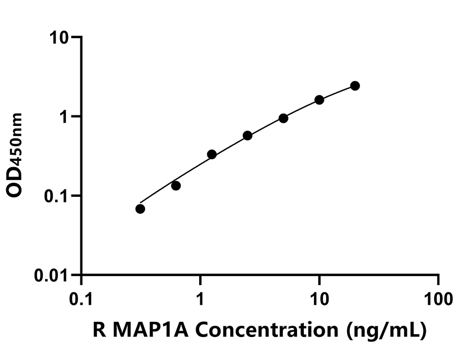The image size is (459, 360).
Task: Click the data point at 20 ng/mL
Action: point(355,85)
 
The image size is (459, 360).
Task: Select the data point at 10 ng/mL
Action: point(319,100)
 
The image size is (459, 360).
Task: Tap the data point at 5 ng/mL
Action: point(283,118)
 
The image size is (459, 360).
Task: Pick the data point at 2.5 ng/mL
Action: point(247,136)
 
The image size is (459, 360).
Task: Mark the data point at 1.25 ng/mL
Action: point(212,154)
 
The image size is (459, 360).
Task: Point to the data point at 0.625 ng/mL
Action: point(176,186)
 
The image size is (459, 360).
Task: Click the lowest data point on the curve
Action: point(140,209)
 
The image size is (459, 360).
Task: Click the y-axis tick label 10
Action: point(58,38)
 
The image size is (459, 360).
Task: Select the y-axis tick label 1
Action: point(64,116)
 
